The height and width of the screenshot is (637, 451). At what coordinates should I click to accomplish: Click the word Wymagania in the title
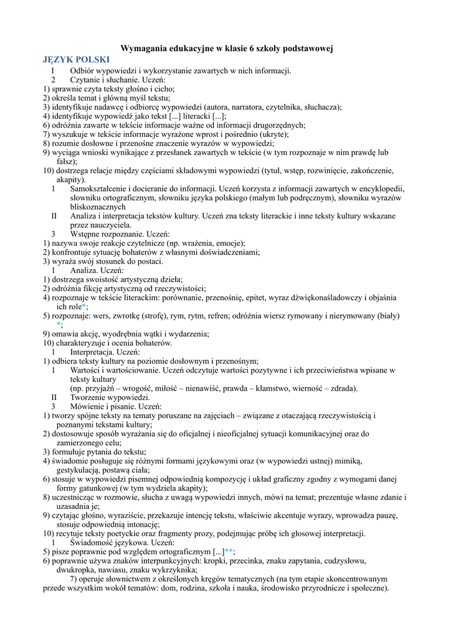coord(143,48)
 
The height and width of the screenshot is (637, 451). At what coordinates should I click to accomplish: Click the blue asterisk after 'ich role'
coord(85,307)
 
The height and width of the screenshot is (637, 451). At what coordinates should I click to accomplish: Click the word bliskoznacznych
coord(98,207)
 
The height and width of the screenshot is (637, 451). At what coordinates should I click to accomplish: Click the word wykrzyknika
coord(171,569)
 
